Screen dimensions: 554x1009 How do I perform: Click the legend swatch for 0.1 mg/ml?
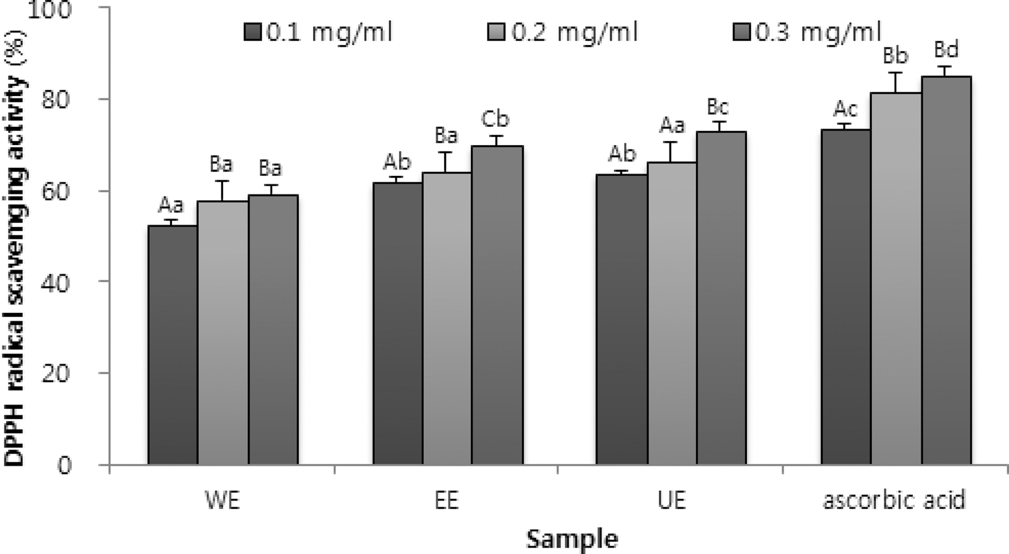click(x=253, y=32)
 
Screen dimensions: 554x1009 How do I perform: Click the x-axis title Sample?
click(x=572, y=539)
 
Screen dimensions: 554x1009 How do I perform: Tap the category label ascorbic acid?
click(x=894, y=500)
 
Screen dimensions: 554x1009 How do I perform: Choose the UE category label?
click(x=671, y=500)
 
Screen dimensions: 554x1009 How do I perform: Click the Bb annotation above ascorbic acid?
click(x=895, y=55)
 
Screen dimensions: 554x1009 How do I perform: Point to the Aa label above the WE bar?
click(x=171, y=204)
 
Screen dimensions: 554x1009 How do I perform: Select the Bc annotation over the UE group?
click(x=718, y=107)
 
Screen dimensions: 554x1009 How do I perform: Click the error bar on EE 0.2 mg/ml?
click(x=446, y=162)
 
